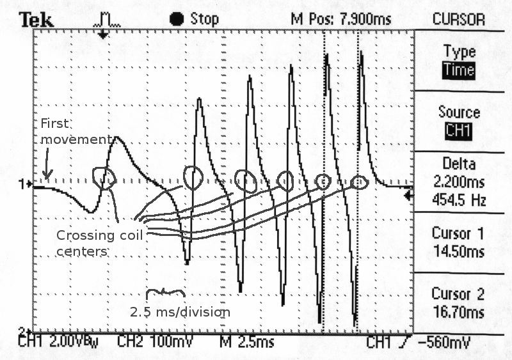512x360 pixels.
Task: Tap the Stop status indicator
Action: (x=194, y=19)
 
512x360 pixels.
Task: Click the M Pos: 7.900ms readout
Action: (x=340, y=19)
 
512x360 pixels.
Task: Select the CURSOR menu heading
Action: (x=460, y=19)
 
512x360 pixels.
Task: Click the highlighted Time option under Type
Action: (x=460, y=70)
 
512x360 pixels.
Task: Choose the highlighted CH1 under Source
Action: (x=460, y=131)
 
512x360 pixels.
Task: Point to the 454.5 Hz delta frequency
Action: (x=460, y=201)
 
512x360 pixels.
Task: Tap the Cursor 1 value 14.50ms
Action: (x=460, y=252)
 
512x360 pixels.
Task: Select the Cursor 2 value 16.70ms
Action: (x=460, y=313)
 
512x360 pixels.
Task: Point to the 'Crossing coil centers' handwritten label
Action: (x=99, y=243)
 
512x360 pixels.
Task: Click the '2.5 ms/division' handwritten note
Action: (x=180, y=313)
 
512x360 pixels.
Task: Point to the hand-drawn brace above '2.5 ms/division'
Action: (x=166, y=293)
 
